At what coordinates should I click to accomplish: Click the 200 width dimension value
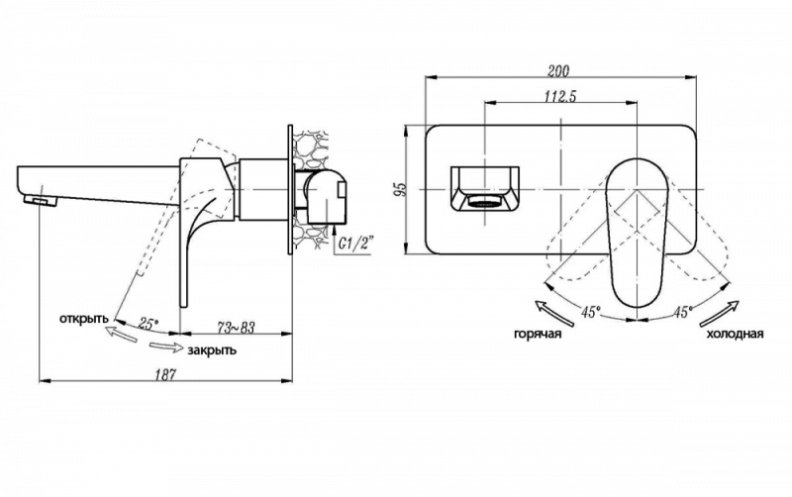pyautogui.click(x=558, y=70)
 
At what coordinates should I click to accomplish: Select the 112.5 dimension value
pyautogui.click(x=560, y=95)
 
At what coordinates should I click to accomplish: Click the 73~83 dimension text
pyautogui.click(x=235, y=328)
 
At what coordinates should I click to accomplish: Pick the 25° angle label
pyautogui.click(x=148, y=324)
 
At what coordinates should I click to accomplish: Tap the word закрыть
pyautogui.click(x=211, y=350)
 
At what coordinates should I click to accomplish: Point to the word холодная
pyautogui.click(x=734, y=335)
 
